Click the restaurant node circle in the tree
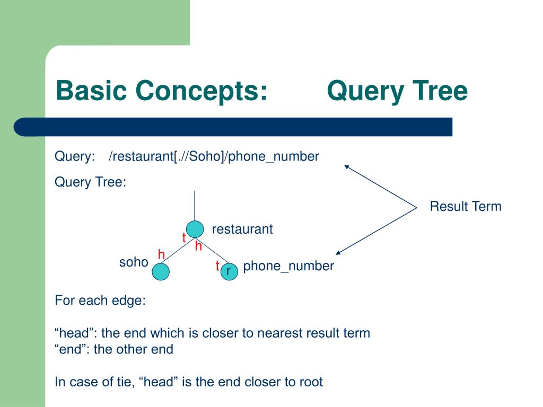(x=195, y=229)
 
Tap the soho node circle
(x=161, y=272)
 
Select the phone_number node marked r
(x=229, y=271)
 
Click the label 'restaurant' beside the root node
(x=242, y=229)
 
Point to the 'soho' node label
(x=134, y=262)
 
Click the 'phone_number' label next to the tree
(x=288, y=266)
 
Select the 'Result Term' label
(x=465, y=206)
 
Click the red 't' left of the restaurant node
(x=184, y=238)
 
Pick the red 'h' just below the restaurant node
(x=199, y=246)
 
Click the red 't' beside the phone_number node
(x=217, y=266)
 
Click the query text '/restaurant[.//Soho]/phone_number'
(x=214, y=156)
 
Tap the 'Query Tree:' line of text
(x=91, y=182)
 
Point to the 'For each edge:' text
(x=100, y=300)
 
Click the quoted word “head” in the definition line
(x=76, y=333)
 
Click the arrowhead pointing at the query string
(x=346, y=166)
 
